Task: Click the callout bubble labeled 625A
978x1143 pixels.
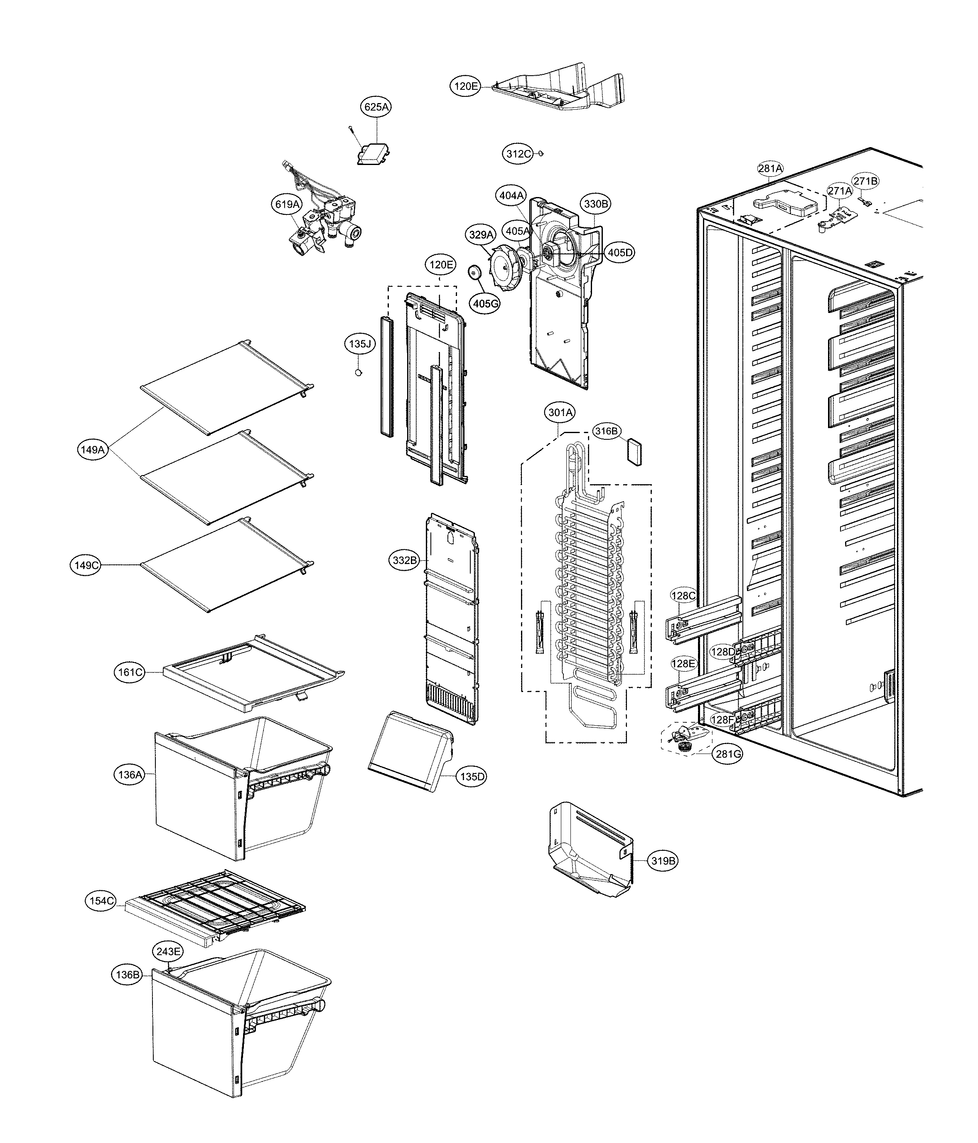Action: (x=376, y=107)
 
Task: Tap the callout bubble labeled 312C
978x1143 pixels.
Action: (x=518, y=154)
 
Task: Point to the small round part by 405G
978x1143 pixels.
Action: (x=474, y=273)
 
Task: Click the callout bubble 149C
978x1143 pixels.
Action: (x=86, y=565)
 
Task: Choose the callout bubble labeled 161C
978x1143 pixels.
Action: (x=130, y=672)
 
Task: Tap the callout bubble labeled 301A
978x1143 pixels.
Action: (x=560, y=412)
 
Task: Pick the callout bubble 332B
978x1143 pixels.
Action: (x=405, y=560)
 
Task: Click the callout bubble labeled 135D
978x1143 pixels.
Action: (x=472, y=777)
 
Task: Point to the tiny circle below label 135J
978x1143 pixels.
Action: (x=359, y=372)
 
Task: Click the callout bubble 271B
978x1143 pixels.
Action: (x=865, y=181)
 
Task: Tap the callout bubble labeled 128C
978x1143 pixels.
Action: (x=683, y=595)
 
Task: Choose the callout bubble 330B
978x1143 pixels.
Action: (x=596, y=204)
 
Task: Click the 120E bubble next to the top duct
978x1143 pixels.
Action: (x=466, y=86)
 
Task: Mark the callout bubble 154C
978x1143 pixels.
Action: (x=101, y=901)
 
